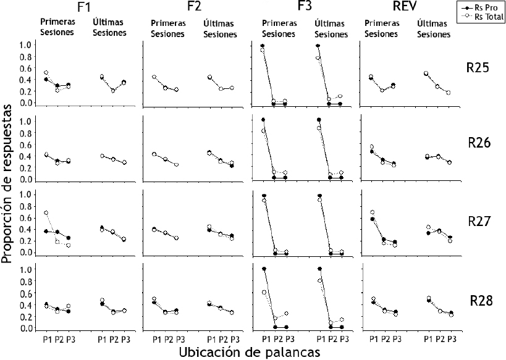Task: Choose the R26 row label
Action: (x=478, y=143)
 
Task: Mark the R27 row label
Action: (x=478, y=221)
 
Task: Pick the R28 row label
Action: (x=478, y=301)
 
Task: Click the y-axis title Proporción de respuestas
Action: (x=9, y=184)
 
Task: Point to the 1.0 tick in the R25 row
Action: (x=24, y=45)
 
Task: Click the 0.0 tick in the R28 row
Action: (x=24, y=329)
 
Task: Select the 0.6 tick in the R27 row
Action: (x=24, y=217)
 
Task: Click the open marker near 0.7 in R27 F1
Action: (x=46, y=213)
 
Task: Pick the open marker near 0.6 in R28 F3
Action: (x=263, y=292)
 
